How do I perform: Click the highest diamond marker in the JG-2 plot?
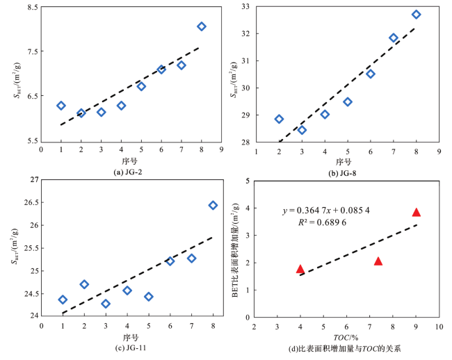(x=202, y=26)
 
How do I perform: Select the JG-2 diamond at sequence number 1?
(x=61, y=106)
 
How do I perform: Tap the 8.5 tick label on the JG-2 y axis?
(x=31, y=8)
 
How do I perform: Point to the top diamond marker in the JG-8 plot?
(x=416, y=15)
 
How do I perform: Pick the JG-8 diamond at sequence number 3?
(x=302, y=130)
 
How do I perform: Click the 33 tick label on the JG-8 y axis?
(x=245, y=6)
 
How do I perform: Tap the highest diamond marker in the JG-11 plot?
(x=213, y=205)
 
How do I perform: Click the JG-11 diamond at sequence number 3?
(x=106, y=304)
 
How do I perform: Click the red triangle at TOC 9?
(x=417, y=213)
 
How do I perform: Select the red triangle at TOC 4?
(x=300, y=269)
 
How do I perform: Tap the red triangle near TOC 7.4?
(x=378, y=261)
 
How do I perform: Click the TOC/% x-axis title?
(x=346, y=336)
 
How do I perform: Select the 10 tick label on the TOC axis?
(x=439, y=326)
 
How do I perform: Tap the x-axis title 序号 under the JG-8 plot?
(x=346, y=161)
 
